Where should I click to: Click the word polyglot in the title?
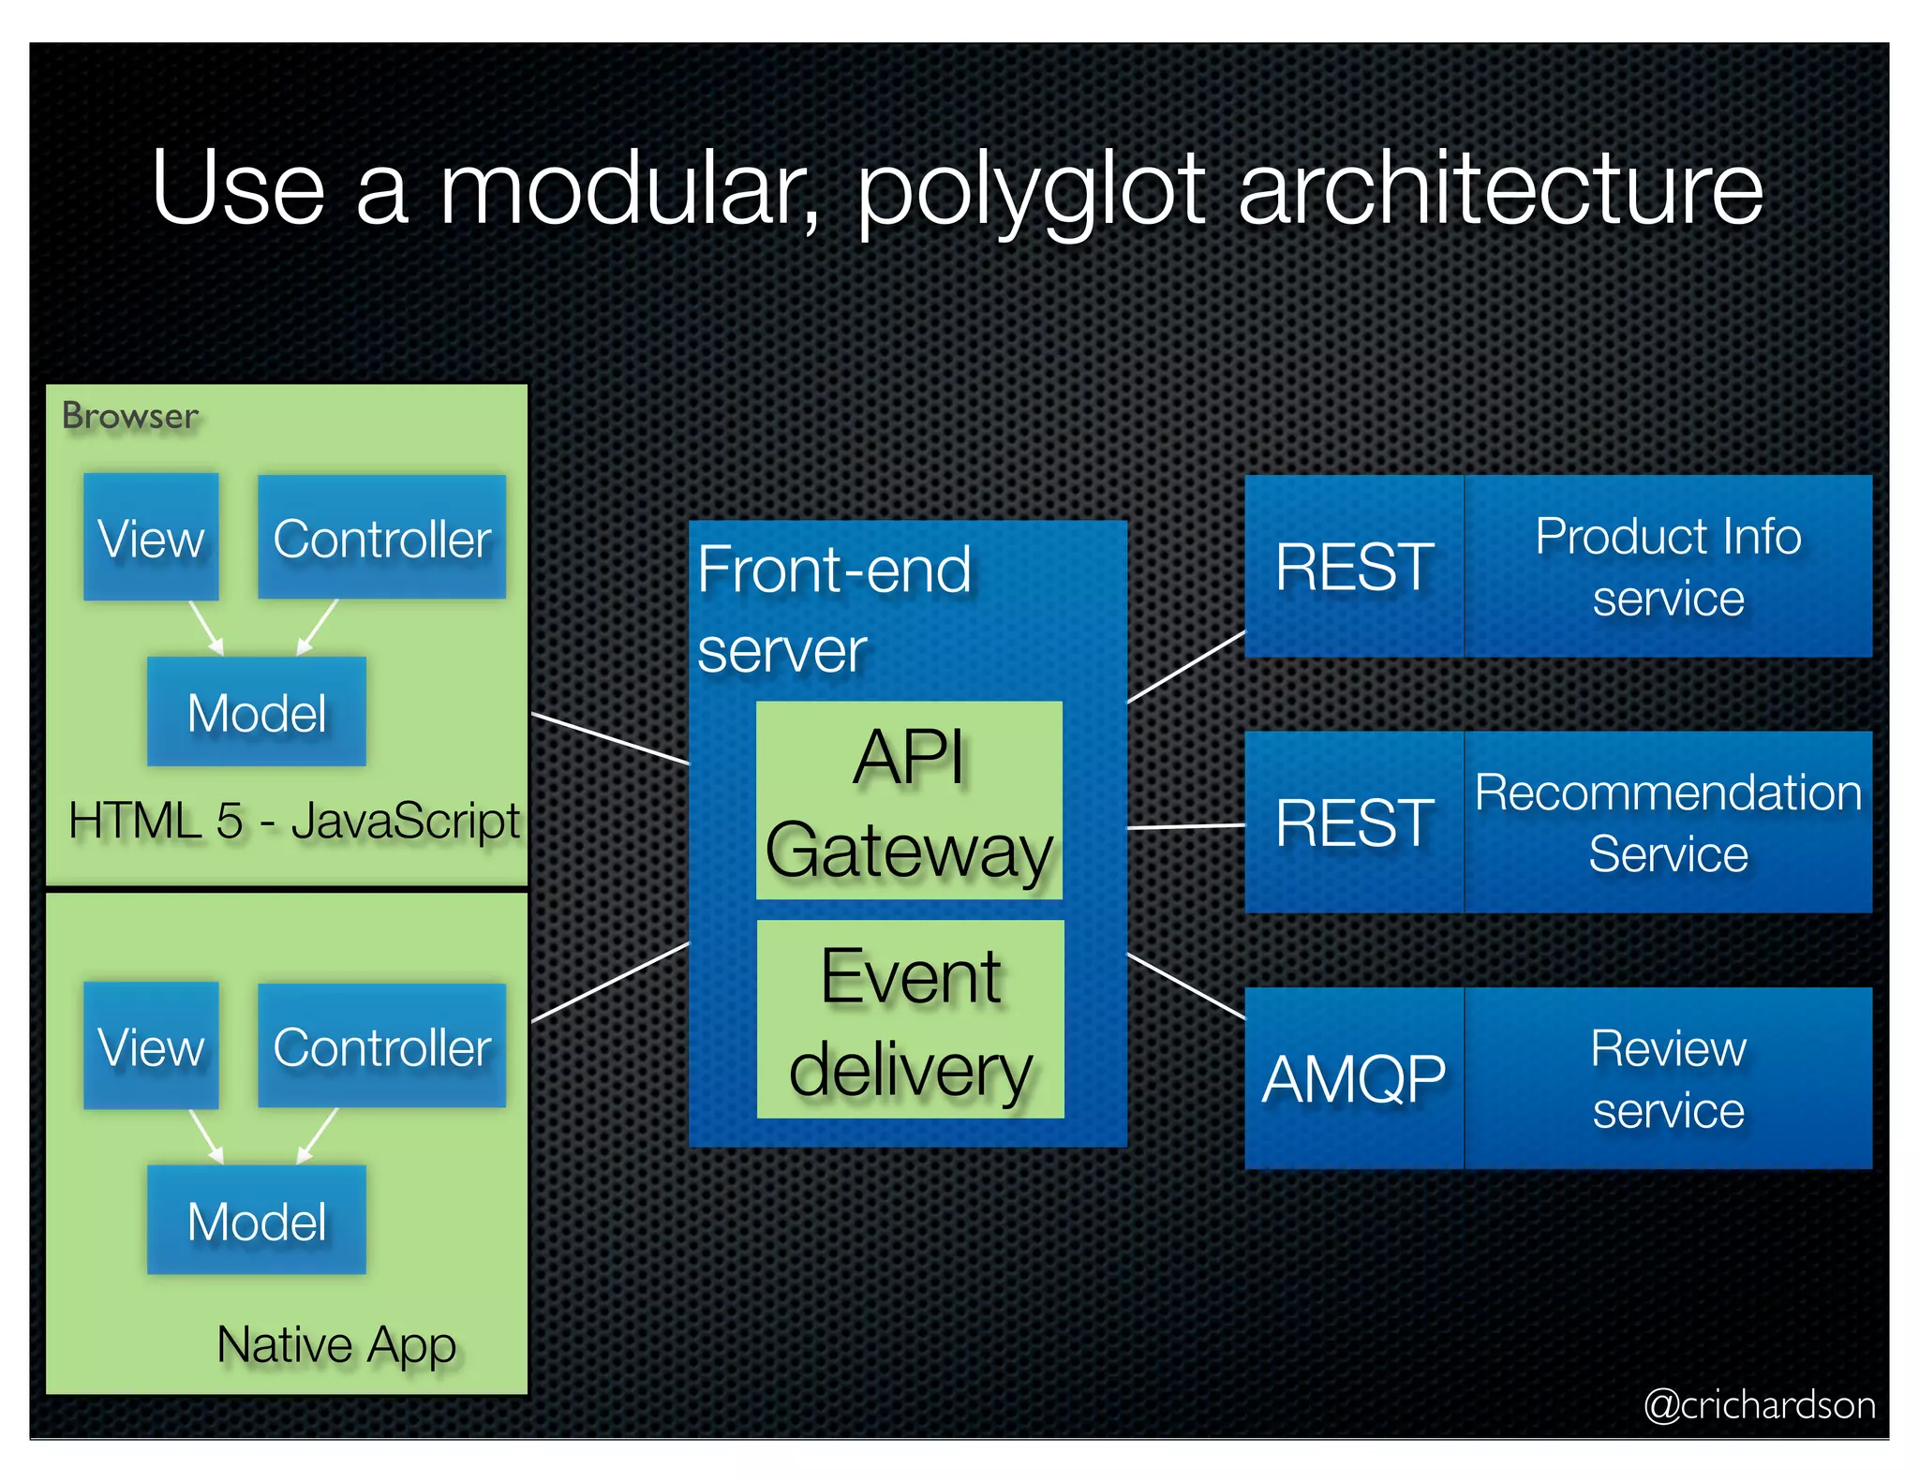tap(1031, 192)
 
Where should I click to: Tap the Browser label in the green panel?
tap(130, 416)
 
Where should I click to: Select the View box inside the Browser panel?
tap(151, 538)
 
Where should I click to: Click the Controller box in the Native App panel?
tap(381, 1046)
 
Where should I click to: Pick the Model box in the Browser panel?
tap(256, 713)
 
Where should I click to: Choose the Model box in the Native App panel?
tap(256, 1221)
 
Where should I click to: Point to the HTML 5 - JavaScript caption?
tap(293, 822)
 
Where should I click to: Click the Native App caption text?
tap(336, 1345)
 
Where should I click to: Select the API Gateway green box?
tap(909, 802)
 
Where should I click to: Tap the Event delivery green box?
tap(910, 1020)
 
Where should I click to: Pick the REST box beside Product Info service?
tap(1354, 567)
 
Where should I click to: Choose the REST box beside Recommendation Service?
tap(1354, 823)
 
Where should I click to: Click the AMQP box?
tap(1354, 1078)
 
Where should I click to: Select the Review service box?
tap(1668, 1078)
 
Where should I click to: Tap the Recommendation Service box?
tap(1668, 823)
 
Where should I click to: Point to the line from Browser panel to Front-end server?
tap(610, 739)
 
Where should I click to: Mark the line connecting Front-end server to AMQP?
tap(1186, 986)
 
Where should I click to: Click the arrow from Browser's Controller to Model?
tap(318, 627)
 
